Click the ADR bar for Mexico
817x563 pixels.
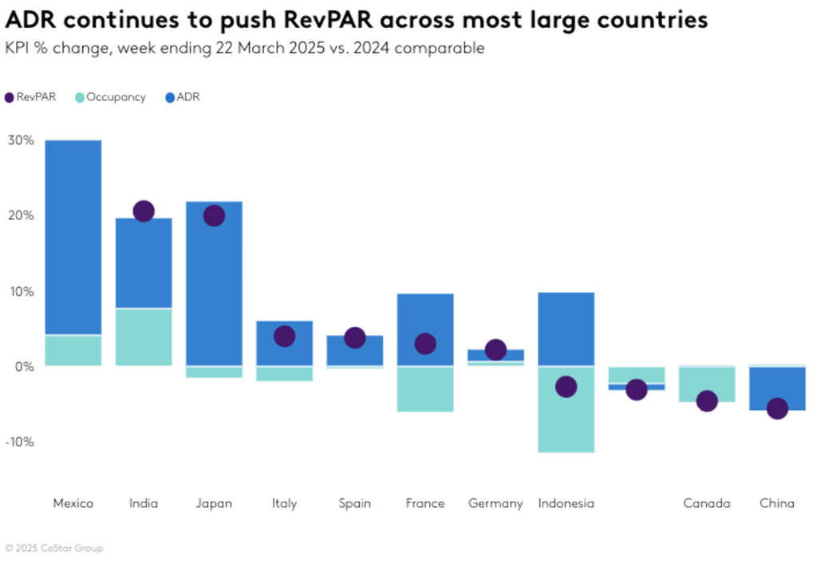click(73, 237)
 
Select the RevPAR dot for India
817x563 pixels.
click(144, 211)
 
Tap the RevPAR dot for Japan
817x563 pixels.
click(214, 215)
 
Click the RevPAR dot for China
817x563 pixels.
click(777, 409)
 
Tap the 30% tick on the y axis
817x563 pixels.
click(21, 140)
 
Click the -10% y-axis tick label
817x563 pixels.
click(21, 442)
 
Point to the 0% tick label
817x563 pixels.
click(24, 367)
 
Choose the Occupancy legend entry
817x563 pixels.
click(111, 97)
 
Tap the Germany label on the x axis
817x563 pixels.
click(495, 503)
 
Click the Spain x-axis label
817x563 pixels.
click(355, 503)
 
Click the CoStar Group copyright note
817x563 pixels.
click(53, 549)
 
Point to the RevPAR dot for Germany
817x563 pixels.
click(495, 349)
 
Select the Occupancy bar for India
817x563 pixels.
click(144, 337)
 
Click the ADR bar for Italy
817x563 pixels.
click(284, 344)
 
